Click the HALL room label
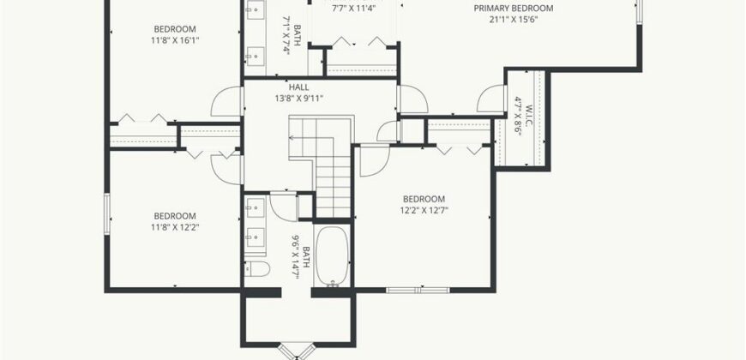point(298,87)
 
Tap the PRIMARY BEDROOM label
point(514,8)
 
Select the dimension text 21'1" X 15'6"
point(513,20)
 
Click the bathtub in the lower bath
point(333,256)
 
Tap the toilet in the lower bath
point(257,268)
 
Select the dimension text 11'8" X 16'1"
point(175,40)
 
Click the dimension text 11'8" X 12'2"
point(175,227)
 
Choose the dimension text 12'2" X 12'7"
point(424,210)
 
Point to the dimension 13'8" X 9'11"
point(298,99)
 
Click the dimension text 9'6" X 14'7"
point(295,257)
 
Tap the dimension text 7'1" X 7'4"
point(286,36)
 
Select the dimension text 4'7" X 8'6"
point(518,117)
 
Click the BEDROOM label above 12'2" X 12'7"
point(424,199)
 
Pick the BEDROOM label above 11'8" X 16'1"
point(175,29)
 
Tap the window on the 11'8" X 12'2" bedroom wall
point(107,213)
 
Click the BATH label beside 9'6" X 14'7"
point(306,257)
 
